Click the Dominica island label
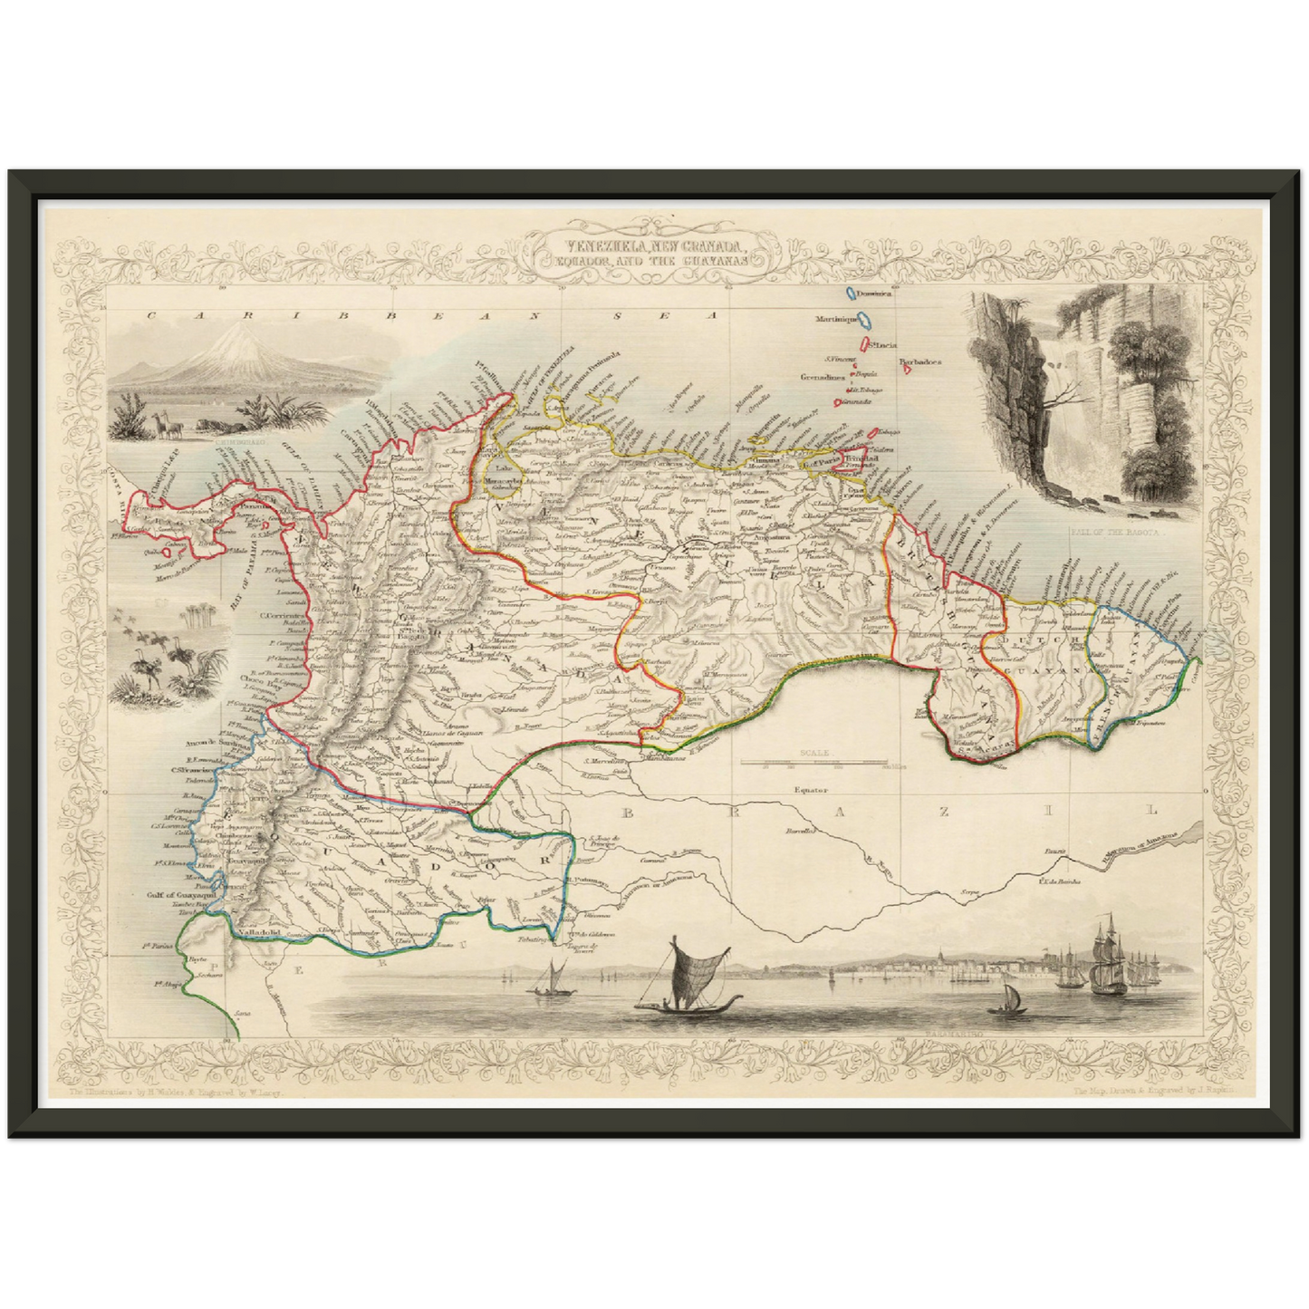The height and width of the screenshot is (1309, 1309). (x=875, y=295)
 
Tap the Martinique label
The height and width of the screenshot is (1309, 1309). (x=834, y=320)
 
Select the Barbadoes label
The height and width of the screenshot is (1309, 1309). (x=921, y=361)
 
